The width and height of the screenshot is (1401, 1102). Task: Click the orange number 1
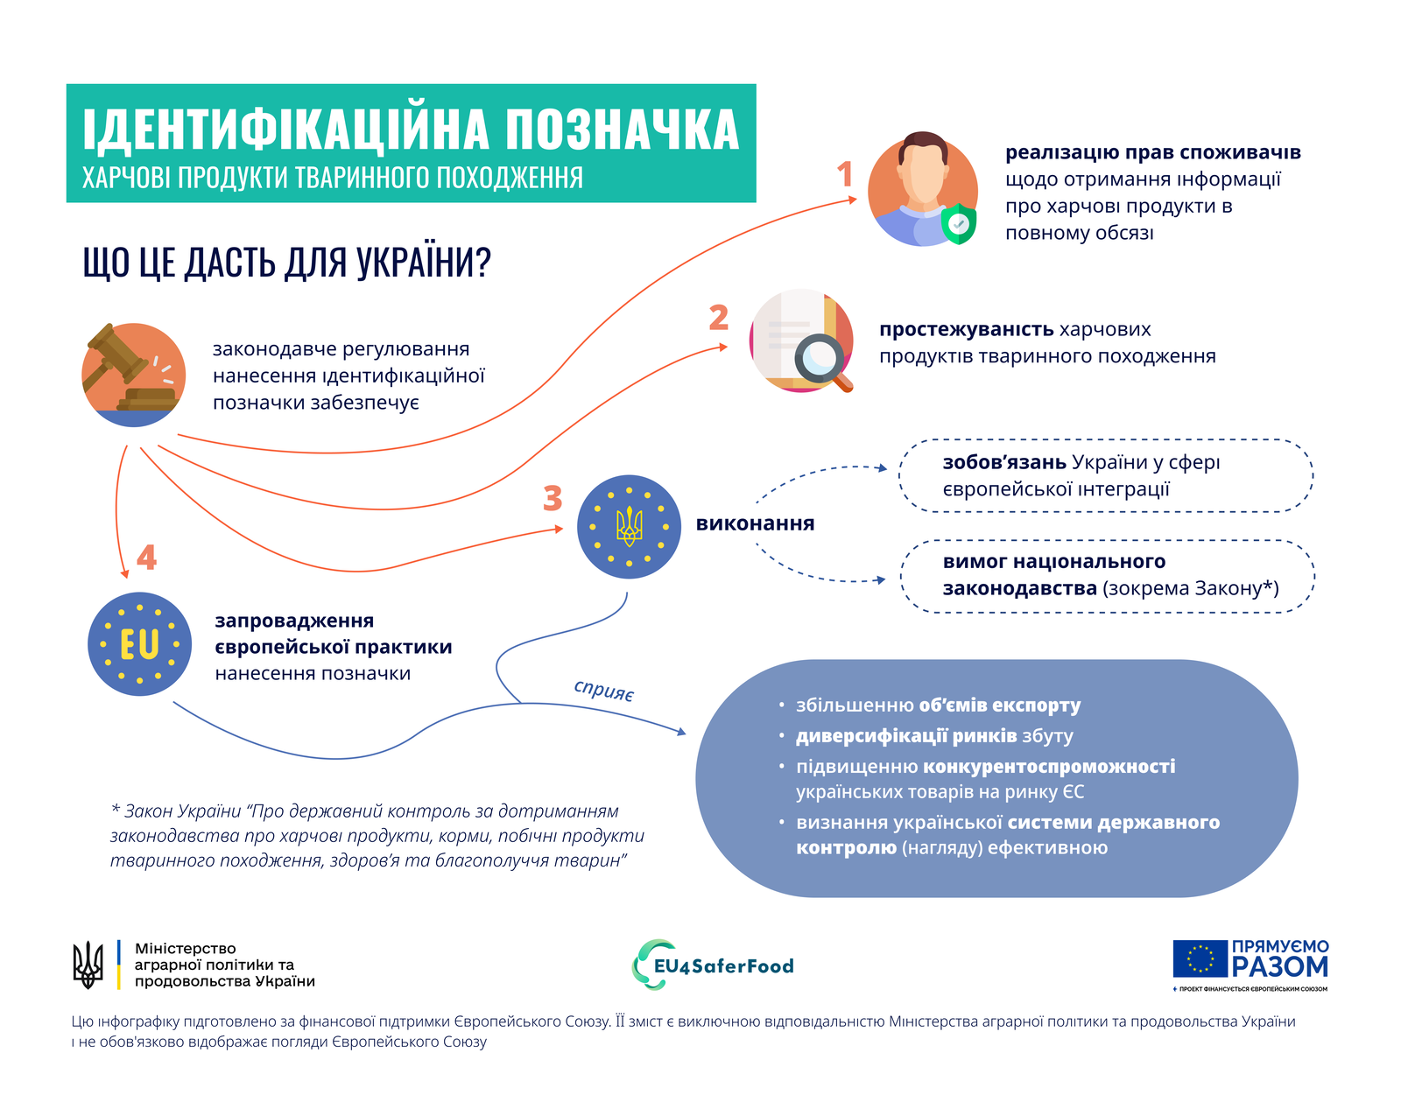pyautogui.click(x=844, y=174)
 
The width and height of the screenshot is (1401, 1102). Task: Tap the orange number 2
pyautogui.click(x=718, y=317)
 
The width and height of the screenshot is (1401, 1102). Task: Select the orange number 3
pyautogui.click(x=552, y=499)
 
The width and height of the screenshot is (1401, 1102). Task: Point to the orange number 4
pyautogui.click(x=146, y=558)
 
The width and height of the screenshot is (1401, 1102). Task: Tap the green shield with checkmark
pyautogui.click(x=959, y=224)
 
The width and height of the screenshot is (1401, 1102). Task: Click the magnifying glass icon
pyautogui.click(x=820, y=359)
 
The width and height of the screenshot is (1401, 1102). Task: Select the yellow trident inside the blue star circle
pyautogui.click(x=629, y=527)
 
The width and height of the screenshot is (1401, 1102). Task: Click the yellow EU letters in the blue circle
pyautogui.click(x=139, y=645)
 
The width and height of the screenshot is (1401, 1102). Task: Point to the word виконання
pyautogui.click(x=755, y=523)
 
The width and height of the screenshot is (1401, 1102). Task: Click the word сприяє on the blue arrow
pyautogui.click(x=603, y=690)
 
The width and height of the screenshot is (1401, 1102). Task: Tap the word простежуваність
pyautogui.click(x=966, y=329)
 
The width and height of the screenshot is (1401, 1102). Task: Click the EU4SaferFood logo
pyautogui.click(x=714, y=965)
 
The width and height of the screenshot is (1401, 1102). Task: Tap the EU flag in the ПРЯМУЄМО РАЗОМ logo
pyautogui.click(x=1200, y=958)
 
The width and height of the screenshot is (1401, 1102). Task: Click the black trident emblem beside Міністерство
pyautogui.click(x=88, y=965)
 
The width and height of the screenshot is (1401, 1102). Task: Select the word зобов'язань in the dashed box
pyautogui.click(x=1003, y=462)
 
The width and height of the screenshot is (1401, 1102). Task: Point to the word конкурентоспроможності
pyautogui.click(x=1049, y=767)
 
